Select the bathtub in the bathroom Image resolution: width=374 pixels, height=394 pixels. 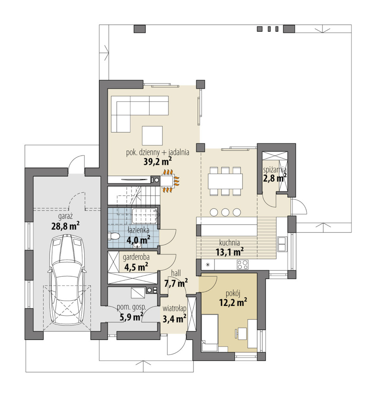(146, 216)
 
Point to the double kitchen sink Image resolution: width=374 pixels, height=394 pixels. (282, 244)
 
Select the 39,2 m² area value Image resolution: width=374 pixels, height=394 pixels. (158, 161)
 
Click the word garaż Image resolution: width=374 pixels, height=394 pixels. (66, 216)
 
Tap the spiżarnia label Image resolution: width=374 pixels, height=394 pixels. (275, 170)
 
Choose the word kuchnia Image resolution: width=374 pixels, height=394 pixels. (229, 243)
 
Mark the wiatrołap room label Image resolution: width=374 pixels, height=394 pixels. (174, 309)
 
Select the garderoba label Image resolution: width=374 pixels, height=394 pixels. (136, 257)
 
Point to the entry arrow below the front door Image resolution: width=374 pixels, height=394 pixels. (144, 366)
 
